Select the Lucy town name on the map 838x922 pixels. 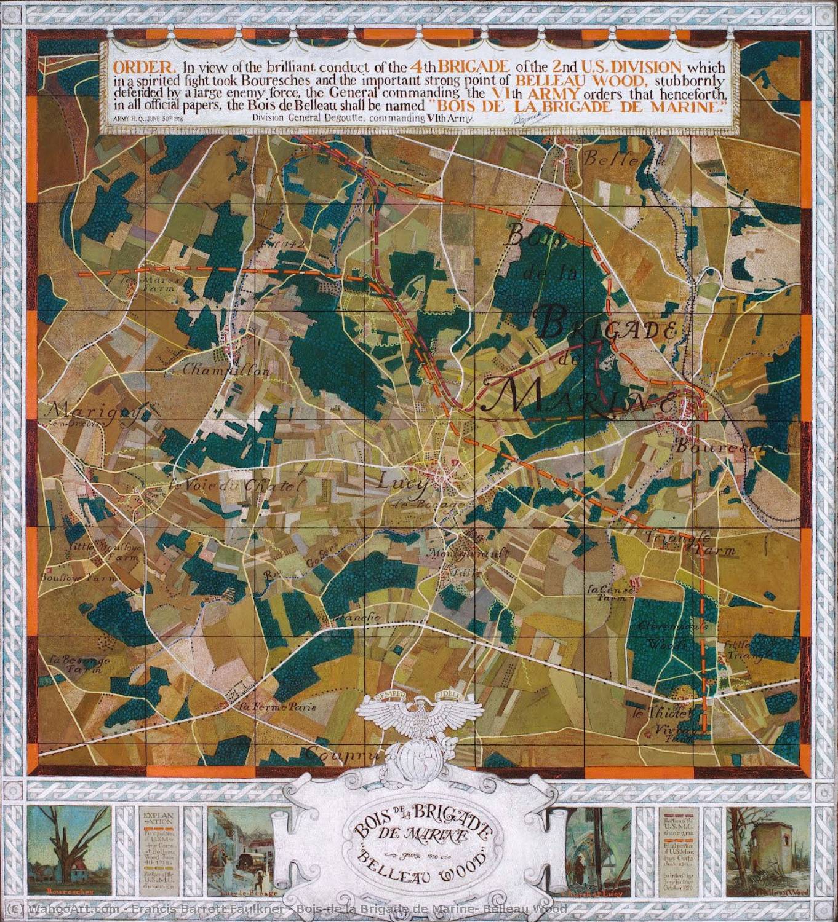(404, 484)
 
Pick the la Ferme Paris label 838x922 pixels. (278, 707)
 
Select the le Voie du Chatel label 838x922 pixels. (237, 485)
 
